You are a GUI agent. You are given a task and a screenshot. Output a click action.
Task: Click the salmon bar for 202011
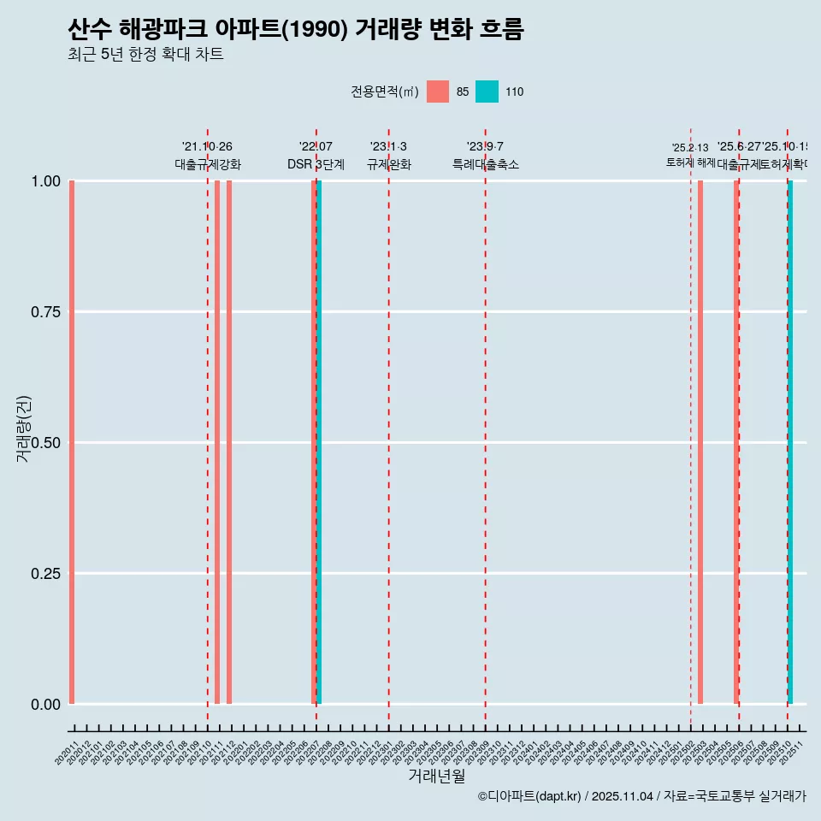[72, 442]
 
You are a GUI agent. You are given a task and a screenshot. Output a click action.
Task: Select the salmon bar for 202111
[217, 442]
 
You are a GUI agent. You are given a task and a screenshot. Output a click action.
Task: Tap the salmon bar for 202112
[229, 442]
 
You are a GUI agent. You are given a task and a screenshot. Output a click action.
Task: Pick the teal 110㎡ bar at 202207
[319, 442]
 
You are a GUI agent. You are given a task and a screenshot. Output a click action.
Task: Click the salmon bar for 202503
[700, 442]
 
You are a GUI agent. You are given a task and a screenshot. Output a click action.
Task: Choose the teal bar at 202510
[790, 442]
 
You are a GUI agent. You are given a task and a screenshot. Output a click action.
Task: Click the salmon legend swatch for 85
[438, 92]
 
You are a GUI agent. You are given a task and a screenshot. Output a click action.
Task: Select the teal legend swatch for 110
[487, 92]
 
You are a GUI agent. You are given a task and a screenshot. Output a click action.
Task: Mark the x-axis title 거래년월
[436, 777]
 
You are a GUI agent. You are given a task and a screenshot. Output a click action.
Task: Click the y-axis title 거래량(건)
[24, 428]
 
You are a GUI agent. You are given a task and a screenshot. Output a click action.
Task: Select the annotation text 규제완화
[389, 164]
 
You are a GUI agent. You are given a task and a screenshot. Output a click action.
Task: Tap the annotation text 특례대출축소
[486, 164]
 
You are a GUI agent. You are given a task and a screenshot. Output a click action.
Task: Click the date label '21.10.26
[207, 147]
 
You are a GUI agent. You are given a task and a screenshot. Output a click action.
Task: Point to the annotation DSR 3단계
[316, 164]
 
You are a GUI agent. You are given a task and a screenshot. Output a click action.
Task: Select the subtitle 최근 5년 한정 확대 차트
[145, 55]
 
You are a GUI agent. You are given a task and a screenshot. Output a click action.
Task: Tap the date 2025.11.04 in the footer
[622, 796]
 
